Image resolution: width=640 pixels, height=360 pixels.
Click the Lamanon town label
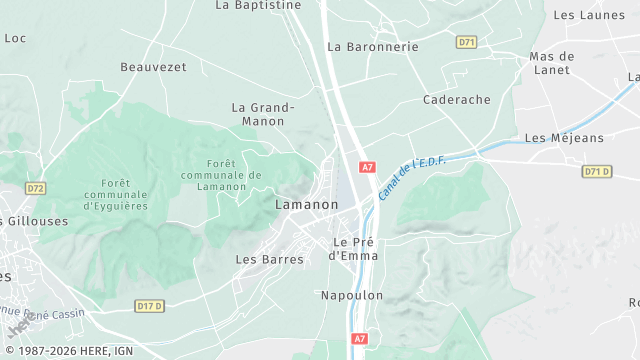306,204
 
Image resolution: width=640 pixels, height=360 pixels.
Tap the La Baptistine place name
258,5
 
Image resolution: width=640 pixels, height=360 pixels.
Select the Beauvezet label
153,67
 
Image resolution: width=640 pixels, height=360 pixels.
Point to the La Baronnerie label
373,46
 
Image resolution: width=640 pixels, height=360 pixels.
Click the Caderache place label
456,100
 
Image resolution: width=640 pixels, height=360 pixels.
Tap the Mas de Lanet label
551,63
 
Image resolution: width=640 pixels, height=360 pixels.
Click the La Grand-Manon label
263,114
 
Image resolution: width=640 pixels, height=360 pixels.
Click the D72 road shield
36,188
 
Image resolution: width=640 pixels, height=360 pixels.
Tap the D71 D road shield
596,172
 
